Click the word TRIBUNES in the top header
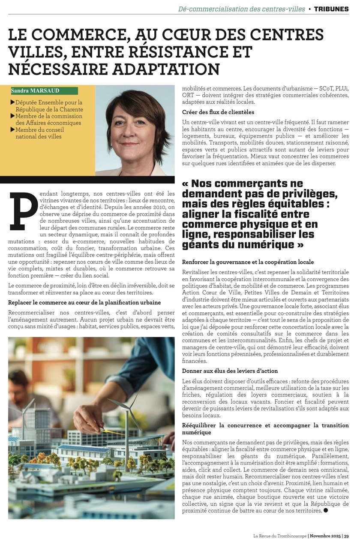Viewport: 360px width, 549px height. pos(331,9)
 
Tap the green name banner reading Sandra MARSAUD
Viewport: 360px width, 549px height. pos(45,91)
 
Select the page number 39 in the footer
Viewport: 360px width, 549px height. pos(346,536)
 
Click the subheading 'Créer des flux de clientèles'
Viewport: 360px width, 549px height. pos(218,112)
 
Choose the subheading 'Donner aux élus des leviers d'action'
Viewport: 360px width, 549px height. pos(230,371)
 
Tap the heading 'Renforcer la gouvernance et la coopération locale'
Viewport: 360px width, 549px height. pos(248,262)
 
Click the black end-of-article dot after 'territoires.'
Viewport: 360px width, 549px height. pos(326,510)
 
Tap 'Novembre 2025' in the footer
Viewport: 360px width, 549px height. pos(325,536)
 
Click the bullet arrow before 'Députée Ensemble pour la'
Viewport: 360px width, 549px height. pos(12,103)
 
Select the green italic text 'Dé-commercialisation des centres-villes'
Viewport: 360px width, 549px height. pos(242,9)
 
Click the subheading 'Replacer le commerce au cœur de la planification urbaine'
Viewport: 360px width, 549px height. pos(85,302)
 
